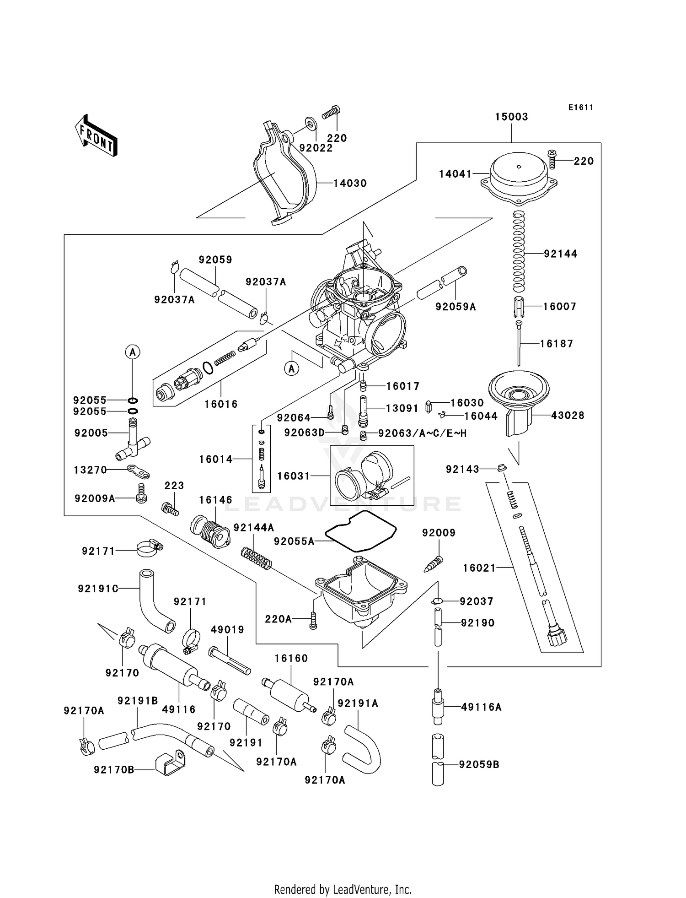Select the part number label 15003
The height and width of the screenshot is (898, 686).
pyautogui.click(x=511, y=117)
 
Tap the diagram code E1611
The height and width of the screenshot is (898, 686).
pyautogui.click(x=581, y=108)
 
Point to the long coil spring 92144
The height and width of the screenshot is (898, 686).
pyautogui.click(x=518, y=252)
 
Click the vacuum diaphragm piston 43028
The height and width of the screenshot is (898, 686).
pyautogui.click(x=519, y=398)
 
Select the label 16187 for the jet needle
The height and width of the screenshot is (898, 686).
pyautogui.click(x=557, y=344)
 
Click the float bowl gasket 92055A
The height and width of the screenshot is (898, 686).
pyautogui.click(x=361, y=531)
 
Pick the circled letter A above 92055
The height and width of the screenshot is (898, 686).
pyautogui.click(x=133, y=352)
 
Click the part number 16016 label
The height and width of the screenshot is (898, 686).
pyautogui.click(x=221, y=404)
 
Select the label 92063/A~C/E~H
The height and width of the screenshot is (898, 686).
pyautogui.click(x=422, y=433)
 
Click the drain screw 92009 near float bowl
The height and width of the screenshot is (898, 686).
pyautogui.click(x=434, y=564)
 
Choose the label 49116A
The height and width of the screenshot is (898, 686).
pyautogui.click(x=481, y=707)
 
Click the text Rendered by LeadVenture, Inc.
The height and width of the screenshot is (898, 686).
pyautogui.click(x=343, y=890)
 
